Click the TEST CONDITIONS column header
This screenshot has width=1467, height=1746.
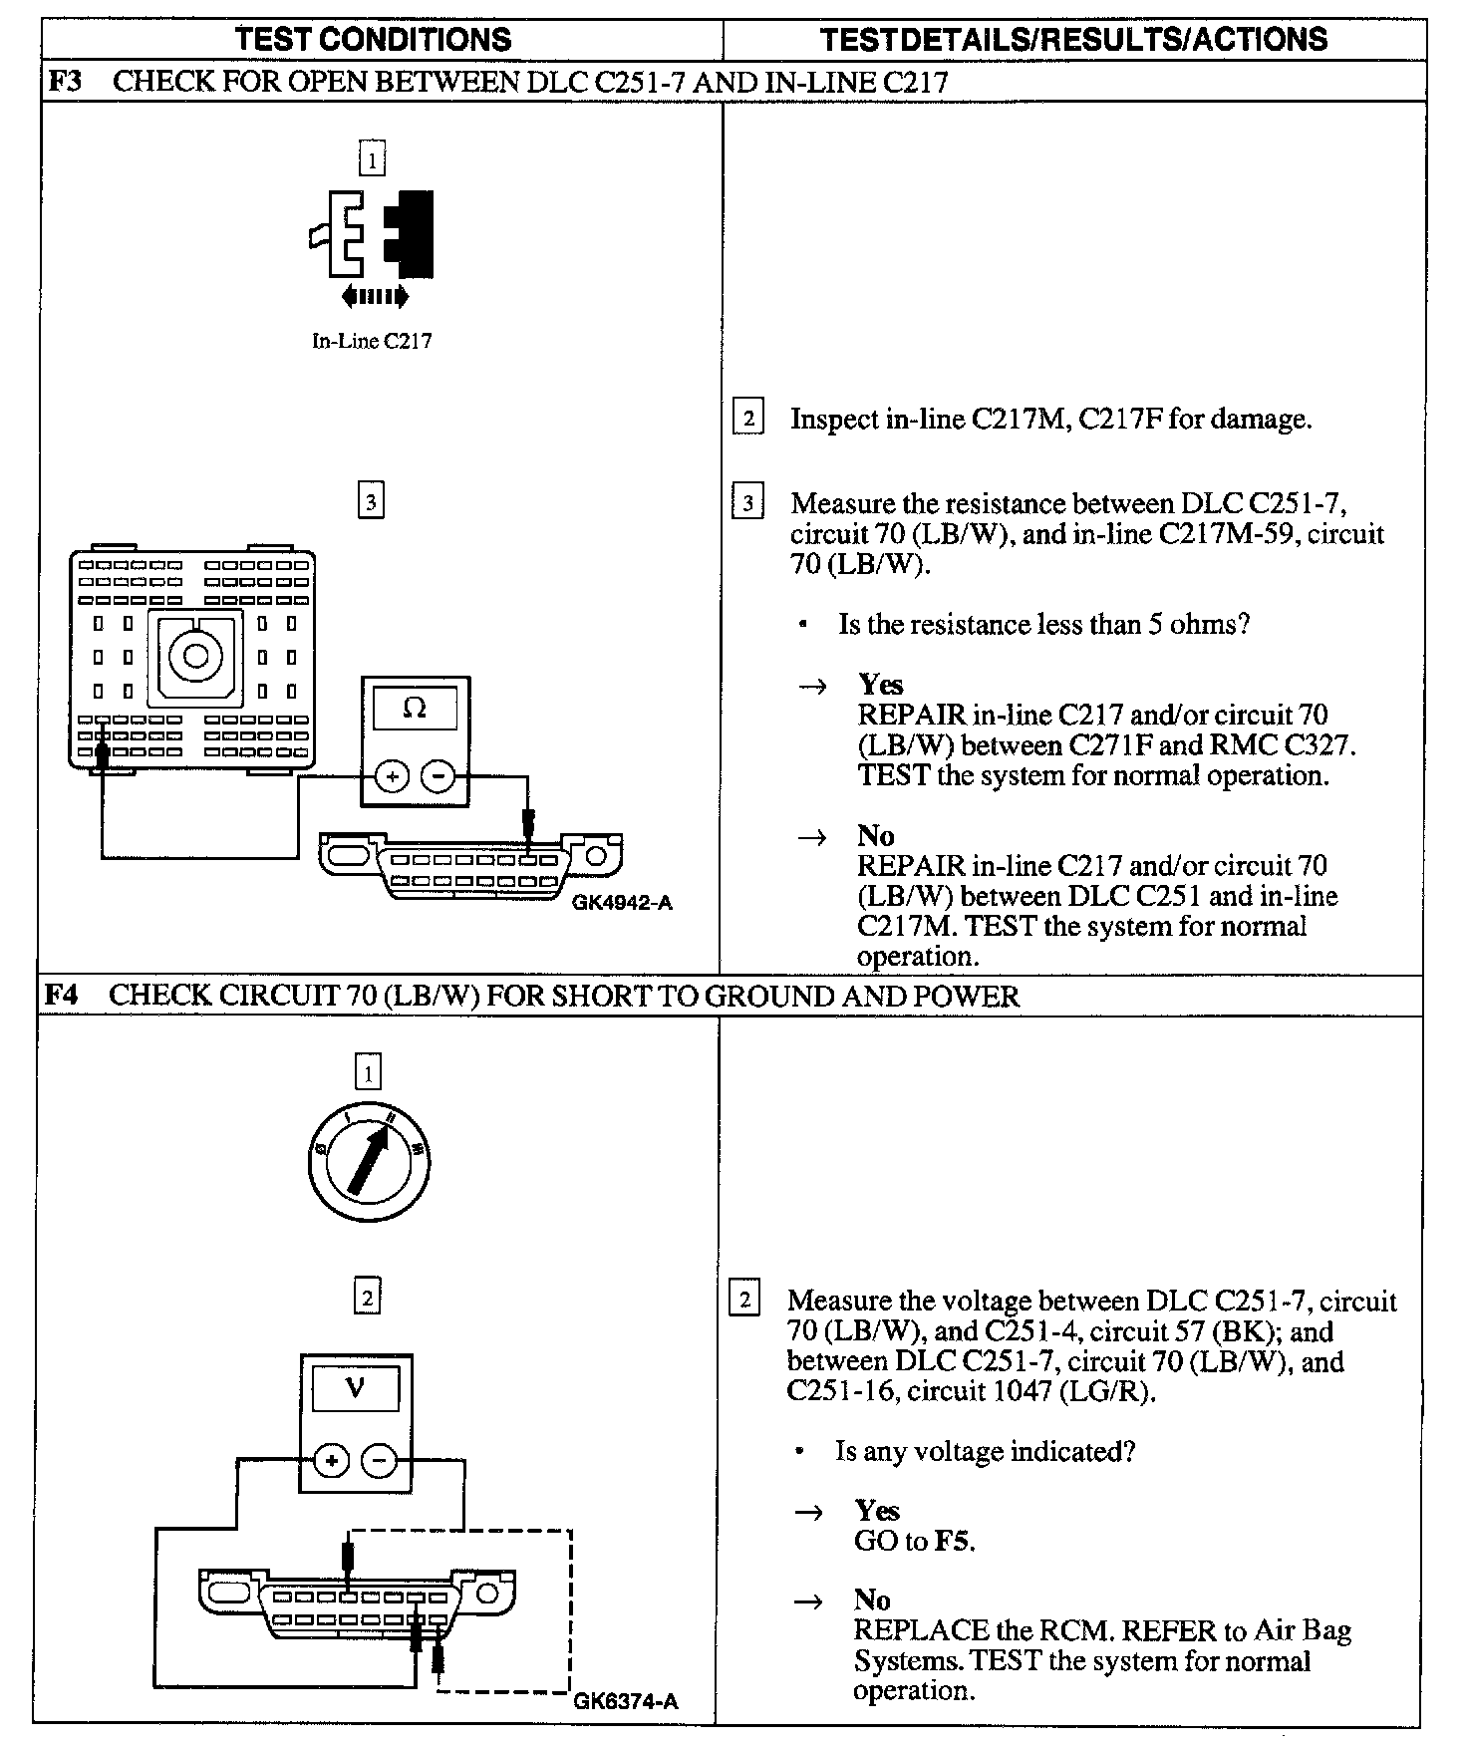point(373,39)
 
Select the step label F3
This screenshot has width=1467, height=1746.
point(65,81)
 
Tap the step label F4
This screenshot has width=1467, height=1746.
point(63,996)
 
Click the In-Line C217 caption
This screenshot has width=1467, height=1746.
point(372,341)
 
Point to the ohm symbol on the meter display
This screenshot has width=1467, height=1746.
point(415,709)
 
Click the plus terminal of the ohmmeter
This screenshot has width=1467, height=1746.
point(393,776)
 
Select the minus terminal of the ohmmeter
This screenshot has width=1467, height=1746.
point(438,776)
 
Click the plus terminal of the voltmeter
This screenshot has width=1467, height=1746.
point(332,1462)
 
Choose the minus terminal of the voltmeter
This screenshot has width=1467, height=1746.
point(378,1462)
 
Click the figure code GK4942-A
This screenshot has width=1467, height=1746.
point(623,903)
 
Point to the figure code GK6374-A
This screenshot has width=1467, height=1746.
point(626,1701)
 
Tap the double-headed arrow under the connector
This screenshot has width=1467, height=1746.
point(374,296)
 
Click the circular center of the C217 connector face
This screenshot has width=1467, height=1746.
point(195,656)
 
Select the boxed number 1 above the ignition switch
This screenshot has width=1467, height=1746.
point(368,1073)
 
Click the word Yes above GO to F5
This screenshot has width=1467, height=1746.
point(877,1511)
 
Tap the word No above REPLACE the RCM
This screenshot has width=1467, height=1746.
point(872,1600)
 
